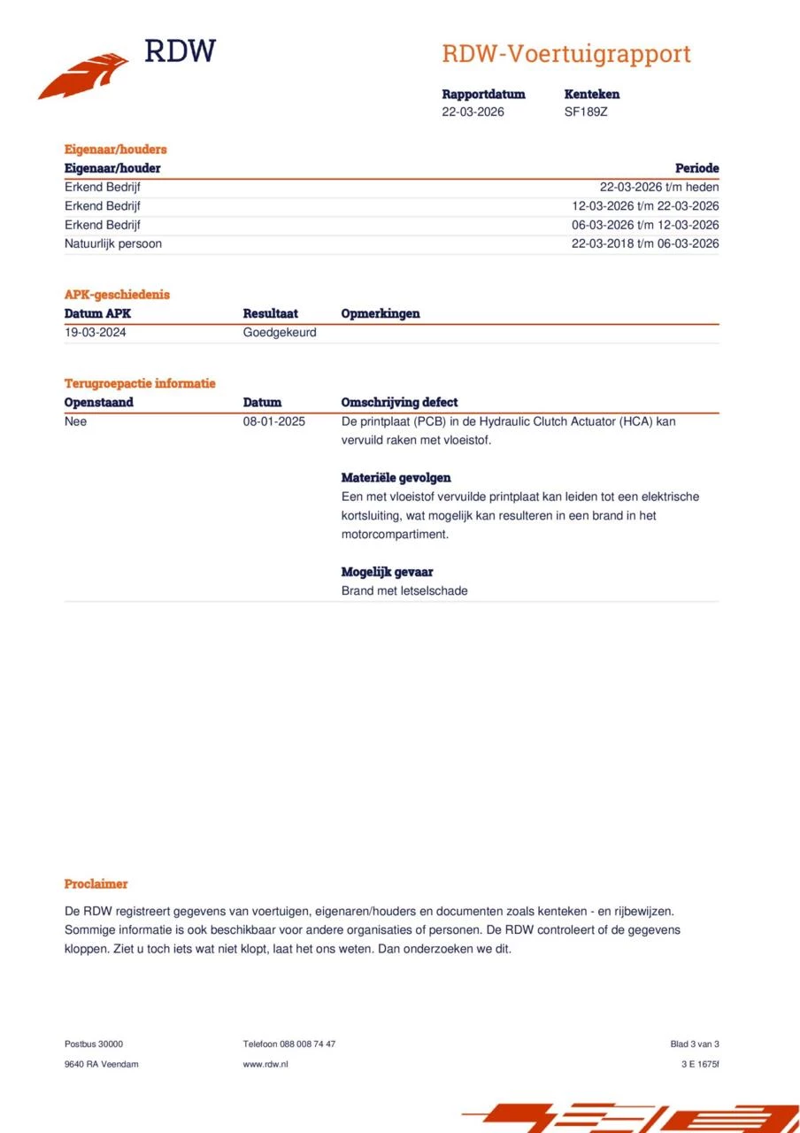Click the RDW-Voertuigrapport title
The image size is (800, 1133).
click(x=566, y=54)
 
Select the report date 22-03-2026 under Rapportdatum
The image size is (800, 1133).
click(x=473, y=112)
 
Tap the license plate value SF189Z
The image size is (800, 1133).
click(x=586, y=112)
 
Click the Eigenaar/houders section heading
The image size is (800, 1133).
click(x=115, y=150)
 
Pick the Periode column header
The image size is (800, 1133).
click(x=696, y=168)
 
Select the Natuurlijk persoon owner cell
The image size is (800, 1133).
click(x=113, y=243)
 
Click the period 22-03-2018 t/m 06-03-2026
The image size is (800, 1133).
click(x=645, y=243)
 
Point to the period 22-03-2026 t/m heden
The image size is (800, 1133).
click(x=659, y=187)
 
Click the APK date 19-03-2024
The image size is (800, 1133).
click(x=96, y=333)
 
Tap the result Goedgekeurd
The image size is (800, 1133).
click(x=280, y=333)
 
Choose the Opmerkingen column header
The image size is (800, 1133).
click(x=381, y=313)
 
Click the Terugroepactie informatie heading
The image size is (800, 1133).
click(x=140, y=383)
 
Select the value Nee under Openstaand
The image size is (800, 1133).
click(x=76, y=421)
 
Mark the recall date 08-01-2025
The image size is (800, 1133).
click(x=274, y=421)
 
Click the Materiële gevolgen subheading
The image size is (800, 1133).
click(x=396, y=478)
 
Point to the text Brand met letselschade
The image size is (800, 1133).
click(x=404, y=590)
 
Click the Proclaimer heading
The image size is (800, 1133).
click(x=96, y=883)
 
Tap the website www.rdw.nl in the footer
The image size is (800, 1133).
click(x=265, y=1064)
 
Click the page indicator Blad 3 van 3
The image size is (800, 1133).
click(x=695, y=1044)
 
